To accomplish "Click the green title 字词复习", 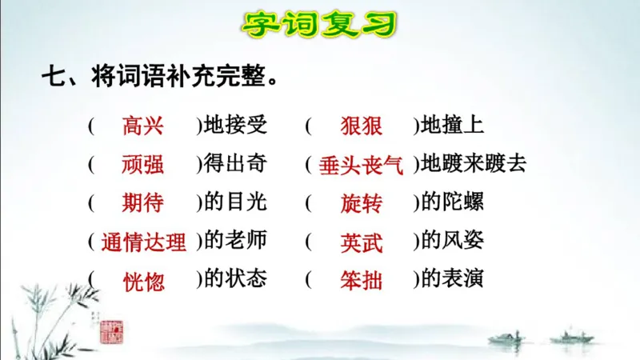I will pos(320,23).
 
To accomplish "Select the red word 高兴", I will pos(143,126).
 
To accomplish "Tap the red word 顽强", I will pos(143,164).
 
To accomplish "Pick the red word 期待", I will pos(143,202).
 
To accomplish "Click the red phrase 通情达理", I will pos(144,242).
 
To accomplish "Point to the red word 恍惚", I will pos(143,281).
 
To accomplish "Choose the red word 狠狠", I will pos(361,126).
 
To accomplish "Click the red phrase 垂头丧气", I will pos(361,165).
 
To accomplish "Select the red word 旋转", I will pos(361,202).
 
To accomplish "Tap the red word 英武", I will pos(361,242).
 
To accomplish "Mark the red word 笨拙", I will pos(361,281).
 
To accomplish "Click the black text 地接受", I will pos(235,126).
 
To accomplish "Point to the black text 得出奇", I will pos(235,164).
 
